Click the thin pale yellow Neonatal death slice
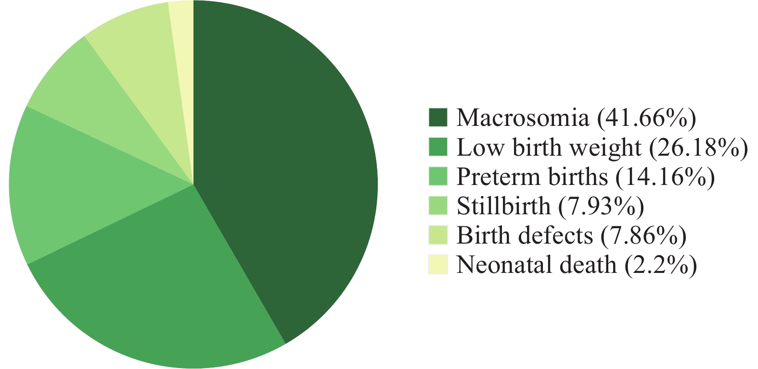click(x=184, y=50)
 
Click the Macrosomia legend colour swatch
click(x=438, y=117)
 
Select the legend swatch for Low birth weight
click(x=438, y=147)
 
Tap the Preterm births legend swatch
click(x=438, y=176)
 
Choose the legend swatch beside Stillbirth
click(x=438, y=206)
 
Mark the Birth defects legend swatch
click(x=438, y=235)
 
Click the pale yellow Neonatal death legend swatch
click(x=438, y=264)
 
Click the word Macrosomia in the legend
click(x=523, y=118)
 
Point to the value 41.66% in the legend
click(x=646, y=118)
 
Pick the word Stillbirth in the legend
click(x=503, y=206)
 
